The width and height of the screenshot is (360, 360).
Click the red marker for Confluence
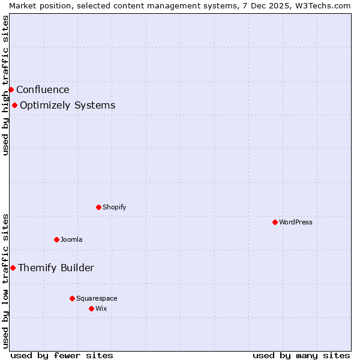pos(11,89)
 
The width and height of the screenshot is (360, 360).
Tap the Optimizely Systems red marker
pos(14,106)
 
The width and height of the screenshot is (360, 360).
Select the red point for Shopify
pos(98,207)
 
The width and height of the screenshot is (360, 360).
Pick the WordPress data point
pos(275,222)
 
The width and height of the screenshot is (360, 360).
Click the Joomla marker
pos(56,239)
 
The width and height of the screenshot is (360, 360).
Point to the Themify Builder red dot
pos(13,268)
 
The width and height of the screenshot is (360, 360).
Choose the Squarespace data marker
pos(72,298)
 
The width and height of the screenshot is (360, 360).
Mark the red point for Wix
pos(91,308)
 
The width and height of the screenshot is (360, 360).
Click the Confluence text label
pos(43,90)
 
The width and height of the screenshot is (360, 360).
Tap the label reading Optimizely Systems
pos(67,106)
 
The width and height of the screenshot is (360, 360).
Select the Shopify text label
pos(114,207)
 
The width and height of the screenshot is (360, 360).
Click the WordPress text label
pos(295,222)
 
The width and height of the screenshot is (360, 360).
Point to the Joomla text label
pos(71,239)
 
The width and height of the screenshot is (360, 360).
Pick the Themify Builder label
pos(56,268)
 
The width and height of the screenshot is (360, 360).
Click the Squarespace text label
pos(97,298)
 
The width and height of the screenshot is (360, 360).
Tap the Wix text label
pos(101,308)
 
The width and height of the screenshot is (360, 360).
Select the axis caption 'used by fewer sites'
pos(62,355)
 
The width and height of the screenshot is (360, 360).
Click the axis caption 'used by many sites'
pos(301,355)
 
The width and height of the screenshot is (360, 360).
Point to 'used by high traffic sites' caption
pos(5,85)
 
